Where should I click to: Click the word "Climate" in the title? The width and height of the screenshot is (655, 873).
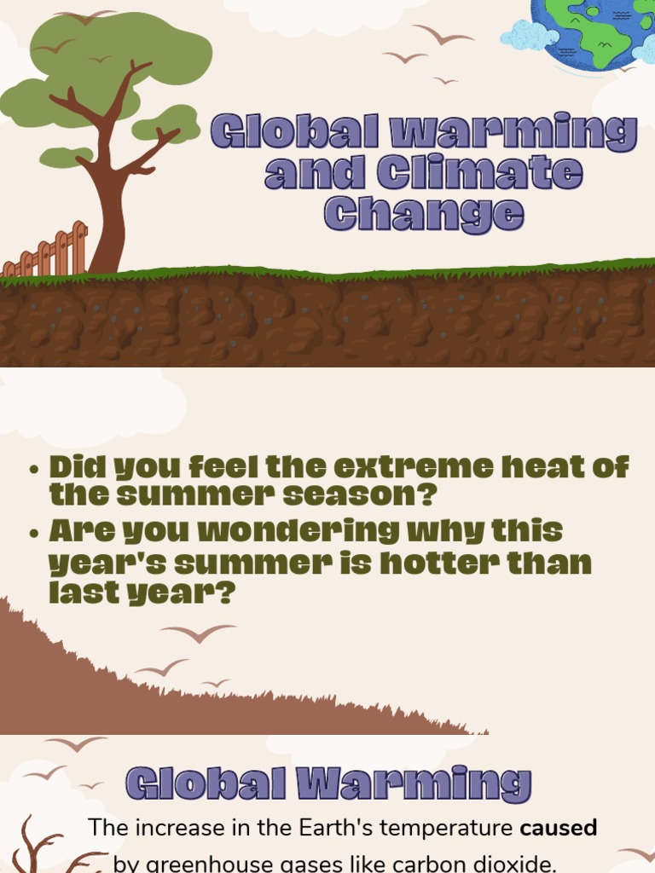coord(480,173)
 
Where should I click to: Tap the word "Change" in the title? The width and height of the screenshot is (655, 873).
coord(423,213)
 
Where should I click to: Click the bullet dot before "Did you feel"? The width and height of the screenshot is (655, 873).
coord(34,470)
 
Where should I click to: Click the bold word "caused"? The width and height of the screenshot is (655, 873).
coord(559,827)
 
